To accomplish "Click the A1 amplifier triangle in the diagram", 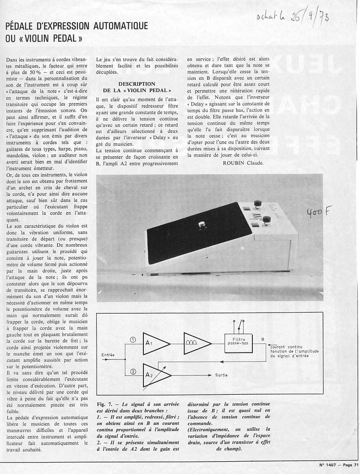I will click(155, 344).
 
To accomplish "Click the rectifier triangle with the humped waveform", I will click(195, 344).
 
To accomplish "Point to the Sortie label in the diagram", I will click(221, 375).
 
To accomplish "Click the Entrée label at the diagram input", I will click(108, 355).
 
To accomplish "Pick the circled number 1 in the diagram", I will click(133, 340).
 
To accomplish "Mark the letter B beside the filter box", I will click(262, 339).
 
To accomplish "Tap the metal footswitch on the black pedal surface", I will click(201, 224).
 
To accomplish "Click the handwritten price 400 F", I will click(316, 212).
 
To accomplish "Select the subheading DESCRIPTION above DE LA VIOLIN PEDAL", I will click(136, 84).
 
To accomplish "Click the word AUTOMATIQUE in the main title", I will click(120, 26).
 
